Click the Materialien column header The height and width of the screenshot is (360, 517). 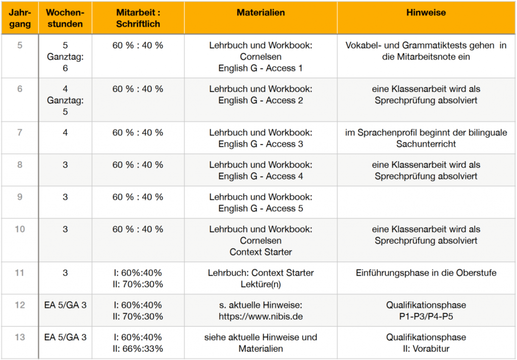[x=261, y=13]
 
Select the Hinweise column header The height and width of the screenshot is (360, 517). [x=426, y=13]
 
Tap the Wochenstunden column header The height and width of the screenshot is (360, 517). [x=65, y=18]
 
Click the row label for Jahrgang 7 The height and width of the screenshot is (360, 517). [x=20, y=132]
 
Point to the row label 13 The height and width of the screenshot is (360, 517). [x=20, y=337]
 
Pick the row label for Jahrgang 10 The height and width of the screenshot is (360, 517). [x=20, y=229]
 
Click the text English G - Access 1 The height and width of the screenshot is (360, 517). [x=261, y=68]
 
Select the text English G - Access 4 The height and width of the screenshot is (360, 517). [x=261, y=176]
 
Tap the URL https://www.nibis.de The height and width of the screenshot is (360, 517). [x=261, y=317]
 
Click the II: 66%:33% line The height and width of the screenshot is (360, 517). [x=138, y=349]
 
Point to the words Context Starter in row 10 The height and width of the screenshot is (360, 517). [x=261, y=252]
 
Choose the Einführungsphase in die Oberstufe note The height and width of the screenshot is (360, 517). [x=426, y=273]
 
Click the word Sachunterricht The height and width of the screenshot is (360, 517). [x=426, y=144]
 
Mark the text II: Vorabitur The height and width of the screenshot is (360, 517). [x=426, y=349]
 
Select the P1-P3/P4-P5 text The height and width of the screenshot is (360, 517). [x=426, y=317]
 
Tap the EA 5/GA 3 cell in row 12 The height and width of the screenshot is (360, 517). [x=65, y=305]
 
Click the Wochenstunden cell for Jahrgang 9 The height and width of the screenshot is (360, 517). [x=65, y=197]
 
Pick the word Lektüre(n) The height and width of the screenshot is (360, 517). [x=261, y=284]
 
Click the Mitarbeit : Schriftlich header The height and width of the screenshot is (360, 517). [x=138, y=18]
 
